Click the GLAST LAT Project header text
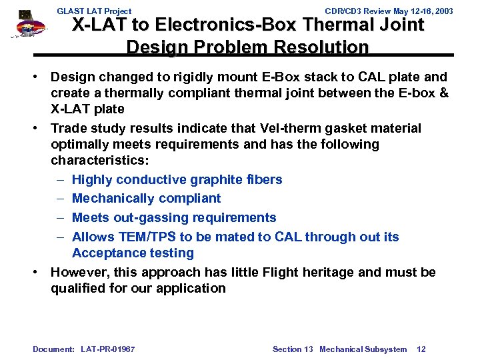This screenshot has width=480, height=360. pyautogui.click(x=94, y=11)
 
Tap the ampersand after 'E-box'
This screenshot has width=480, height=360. pyautogui.click(x=445, y=93)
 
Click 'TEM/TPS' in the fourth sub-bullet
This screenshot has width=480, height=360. pyautogui.click(x=147, y=237)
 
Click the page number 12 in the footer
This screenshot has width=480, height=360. pyautogui.click(x=421, y=349)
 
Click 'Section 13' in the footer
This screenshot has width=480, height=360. pyautogui.click(x=293, y=349)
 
